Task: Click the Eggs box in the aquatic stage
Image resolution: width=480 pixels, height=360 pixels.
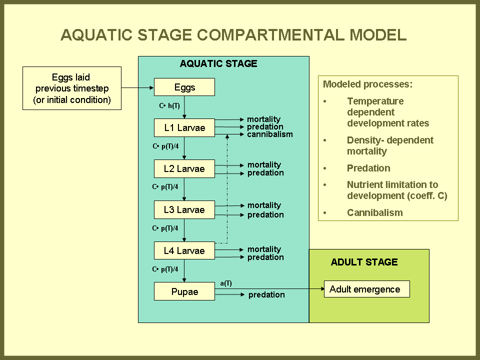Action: [184, 87]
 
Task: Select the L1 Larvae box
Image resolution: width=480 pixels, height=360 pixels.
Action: [184, 127]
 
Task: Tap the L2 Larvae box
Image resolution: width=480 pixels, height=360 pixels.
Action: [184, 168]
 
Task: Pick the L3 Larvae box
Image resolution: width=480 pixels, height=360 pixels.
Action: [184, 209]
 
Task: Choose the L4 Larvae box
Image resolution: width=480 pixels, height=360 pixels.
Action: [184, 250]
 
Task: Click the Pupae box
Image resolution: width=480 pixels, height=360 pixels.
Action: [184, 291]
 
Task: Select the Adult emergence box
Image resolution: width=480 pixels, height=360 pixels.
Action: [366, 289]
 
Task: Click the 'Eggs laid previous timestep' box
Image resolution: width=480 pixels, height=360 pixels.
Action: [72, 88]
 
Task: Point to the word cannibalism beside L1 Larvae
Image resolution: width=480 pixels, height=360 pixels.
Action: [270, 134]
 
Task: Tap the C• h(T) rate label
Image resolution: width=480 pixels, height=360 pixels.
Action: [169, 106]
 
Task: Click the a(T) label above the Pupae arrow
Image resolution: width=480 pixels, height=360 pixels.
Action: [226, 283]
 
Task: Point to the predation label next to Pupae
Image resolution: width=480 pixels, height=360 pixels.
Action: [266, 295]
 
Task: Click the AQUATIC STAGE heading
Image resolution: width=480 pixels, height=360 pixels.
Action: [218, 63]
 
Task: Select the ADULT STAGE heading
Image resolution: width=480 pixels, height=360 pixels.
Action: [364, 262]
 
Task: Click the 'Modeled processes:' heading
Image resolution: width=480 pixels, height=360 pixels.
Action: [367, 84]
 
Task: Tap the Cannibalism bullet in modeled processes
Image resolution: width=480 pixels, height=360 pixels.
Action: [374, 212]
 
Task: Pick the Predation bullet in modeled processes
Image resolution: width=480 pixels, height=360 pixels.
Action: [368, 168]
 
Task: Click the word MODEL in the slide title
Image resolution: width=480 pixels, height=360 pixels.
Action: [378, 34]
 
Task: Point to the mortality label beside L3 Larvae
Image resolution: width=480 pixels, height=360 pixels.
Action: [264, 205]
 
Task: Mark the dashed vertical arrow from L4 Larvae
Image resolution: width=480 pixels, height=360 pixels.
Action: [227, 188]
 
